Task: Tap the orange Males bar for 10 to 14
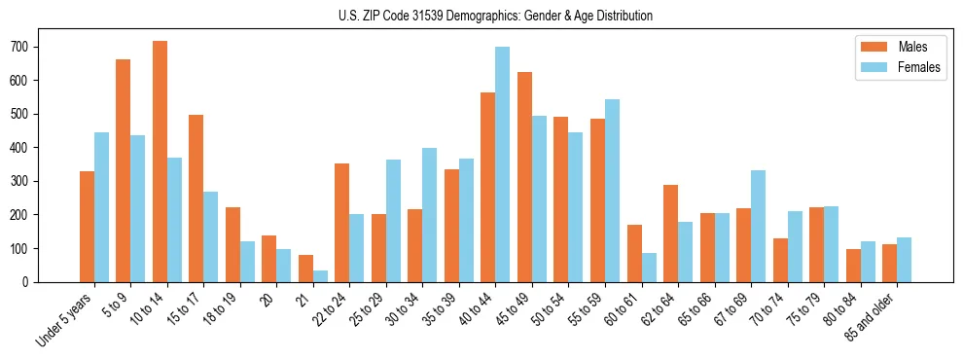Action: [x=160, y=162]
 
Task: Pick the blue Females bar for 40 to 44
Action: [x=503, y=164]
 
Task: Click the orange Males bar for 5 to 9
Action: [x=124, y=170]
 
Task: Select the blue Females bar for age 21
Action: [x=320, y=276]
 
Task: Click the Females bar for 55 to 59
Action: [x=612, y=191]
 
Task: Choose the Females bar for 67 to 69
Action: [x=759, y=226]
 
